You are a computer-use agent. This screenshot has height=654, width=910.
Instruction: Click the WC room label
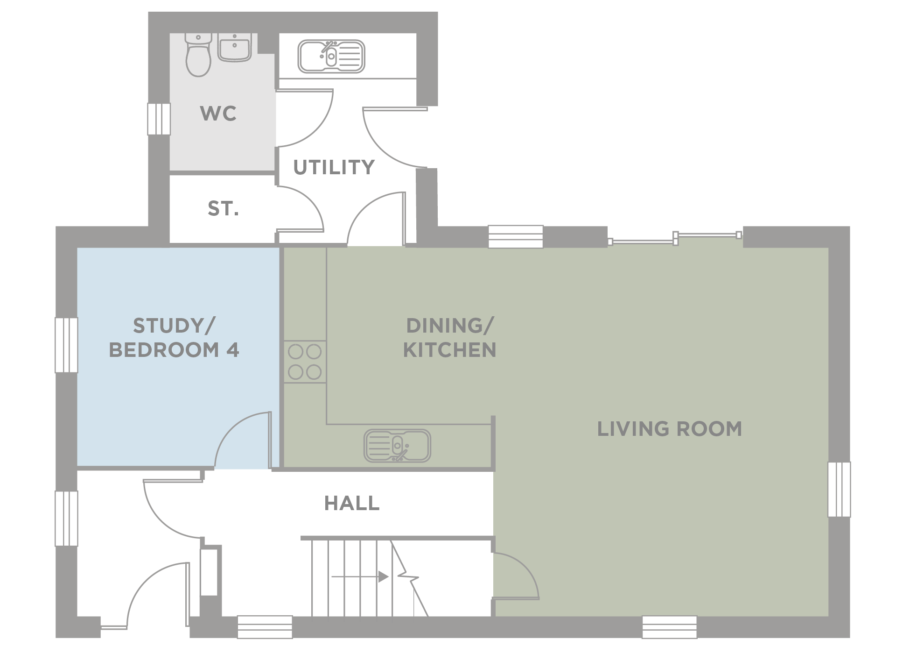coord(218,114)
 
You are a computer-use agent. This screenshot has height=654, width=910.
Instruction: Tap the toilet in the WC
coord(198,55)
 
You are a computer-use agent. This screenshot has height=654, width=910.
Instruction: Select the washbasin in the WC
coord(235,47)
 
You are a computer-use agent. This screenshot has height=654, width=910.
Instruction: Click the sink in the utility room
coord(331,57)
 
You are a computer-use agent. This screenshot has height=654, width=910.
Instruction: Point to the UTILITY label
coord(334,167)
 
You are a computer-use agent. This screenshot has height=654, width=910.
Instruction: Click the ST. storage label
coord(223,209)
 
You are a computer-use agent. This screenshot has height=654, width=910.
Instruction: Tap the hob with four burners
coord(305,362)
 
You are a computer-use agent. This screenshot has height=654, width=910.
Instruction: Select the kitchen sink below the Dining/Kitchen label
coord(397,446)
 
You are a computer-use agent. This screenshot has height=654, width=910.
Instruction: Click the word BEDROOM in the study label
coord(164,350)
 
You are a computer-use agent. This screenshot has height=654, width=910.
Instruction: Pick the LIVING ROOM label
coord(670,429)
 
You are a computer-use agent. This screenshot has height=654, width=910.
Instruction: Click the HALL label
coord(352,503)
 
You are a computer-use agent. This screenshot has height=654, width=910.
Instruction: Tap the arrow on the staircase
coord(360,577)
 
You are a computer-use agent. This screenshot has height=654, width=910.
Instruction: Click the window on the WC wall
coord(159,119)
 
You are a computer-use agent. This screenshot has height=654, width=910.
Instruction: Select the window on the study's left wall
coord(66,345)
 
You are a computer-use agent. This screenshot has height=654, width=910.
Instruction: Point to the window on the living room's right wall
coord(839,490)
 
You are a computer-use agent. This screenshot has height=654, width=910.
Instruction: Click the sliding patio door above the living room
coord(675,238)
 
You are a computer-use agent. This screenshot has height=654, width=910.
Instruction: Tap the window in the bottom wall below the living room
coord(670,627)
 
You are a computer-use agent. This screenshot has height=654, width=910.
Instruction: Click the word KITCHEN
coord(450,350)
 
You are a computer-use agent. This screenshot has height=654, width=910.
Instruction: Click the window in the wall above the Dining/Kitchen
coord(516,237)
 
